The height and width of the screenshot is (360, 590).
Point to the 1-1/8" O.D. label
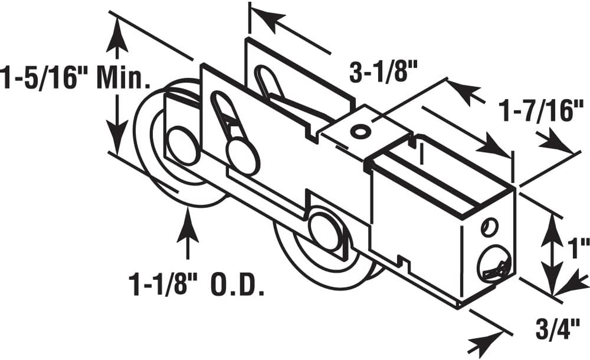coord(196,284)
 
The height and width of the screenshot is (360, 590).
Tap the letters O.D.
coord(237,284)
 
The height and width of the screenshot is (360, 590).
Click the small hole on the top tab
coord(360,132)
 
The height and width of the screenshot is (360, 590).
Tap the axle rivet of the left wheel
coord(183,145)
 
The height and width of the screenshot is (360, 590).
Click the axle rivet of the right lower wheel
coord(326,231)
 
